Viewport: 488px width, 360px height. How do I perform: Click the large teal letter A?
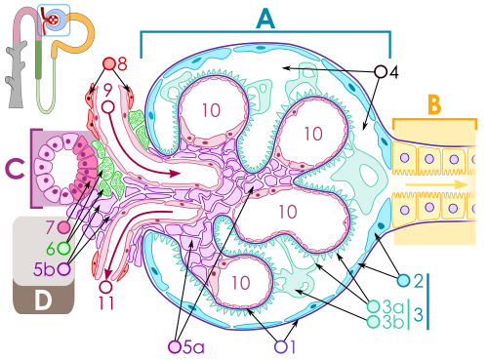click(265, 19)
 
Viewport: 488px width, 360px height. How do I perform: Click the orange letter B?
click(434, 104)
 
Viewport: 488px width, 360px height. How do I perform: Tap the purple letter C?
click(15, 169)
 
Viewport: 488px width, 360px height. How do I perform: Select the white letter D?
click(43, 300)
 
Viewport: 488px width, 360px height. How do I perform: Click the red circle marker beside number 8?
click(109, 64)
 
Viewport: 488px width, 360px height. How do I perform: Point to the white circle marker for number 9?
click(108, 106)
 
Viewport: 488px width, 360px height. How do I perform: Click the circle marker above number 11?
click(105, 287)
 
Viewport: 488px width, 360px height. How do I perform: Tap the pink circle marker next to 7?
click(63, 227)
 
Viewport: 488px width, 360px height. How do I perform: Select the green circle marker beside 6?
click(64, 249)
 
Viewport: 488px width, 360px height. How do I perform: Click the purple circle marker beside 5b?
click(64, 269)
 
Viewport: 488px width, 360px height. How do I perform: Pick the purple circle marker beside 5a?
click(175, 346)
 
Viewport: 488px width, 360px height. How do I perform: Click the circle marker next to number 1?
click(281, 346)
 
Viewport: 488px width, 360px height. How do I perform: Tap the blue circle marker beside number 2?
click(403, 280)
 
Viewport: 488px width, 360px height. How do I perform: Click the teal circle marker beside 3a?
click(373, 306)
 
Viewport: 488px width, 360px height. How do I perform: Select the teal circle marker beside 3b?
click(373, 322)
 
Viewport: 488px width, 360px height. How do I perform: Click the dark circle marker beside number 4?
click(381, 71)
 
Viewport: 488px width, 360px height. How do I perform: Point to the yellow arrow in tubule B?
click(436, 184)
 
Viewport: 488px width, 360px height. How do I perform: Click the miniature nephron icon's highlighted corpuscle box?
click(54, 20)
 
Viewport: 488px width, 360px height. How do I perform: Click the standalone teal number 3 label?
click(419, 314)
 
